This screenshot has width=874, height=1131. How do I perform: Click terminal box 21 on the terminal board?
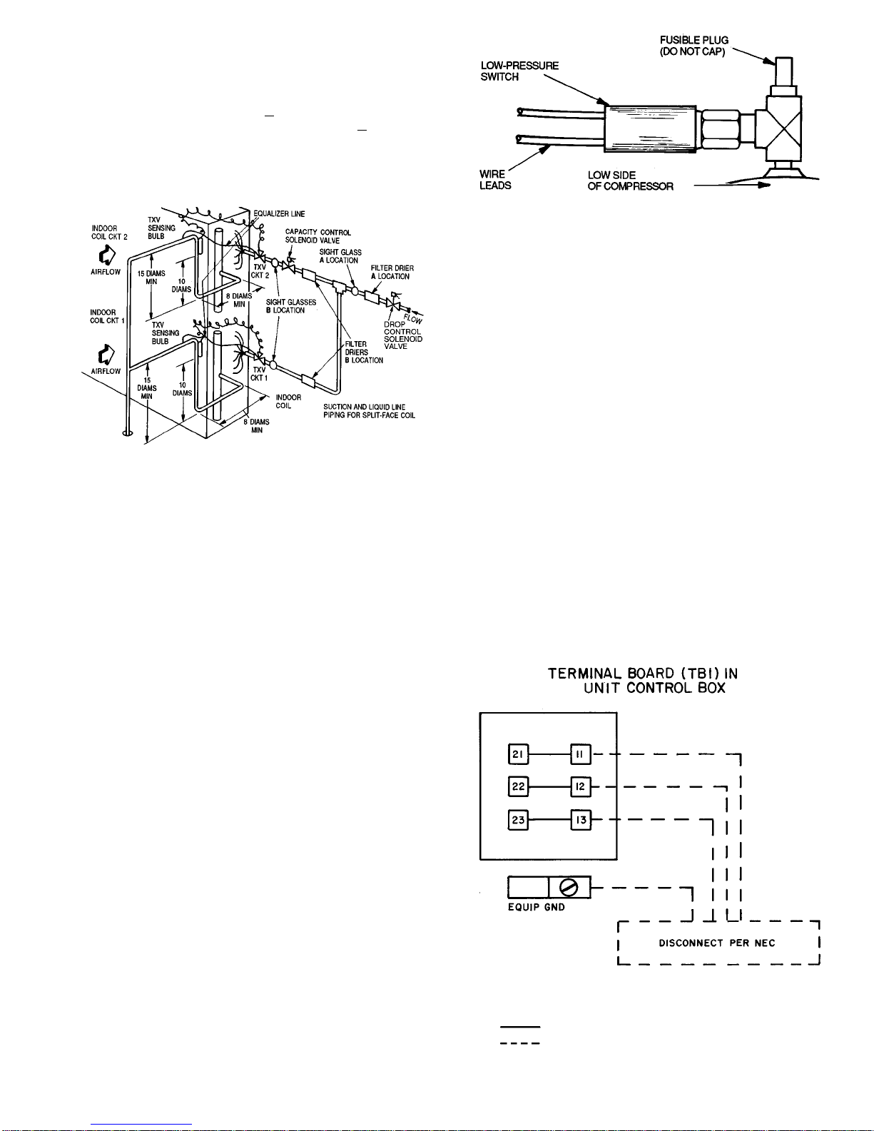coord(518,754)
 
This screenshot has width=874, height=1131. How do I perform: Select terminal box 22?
coord(518,786)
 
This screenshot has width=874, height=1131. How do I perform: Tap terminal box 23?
coord(518,820)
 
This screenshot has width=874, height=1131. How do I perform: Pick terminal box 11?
coord(581,754)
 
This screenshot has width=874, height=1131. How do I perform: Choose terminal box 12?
coord(581,786)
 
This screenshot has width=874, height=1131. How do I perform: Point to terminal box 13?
coord(581,820)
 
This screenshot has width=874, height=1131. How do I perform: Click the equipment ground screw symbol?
coord(569,888)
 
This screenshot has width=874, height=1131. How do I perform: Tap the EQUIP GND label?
coord(537,907)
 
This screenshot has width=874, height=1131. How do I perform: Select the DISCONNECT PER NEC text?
coord(717,943)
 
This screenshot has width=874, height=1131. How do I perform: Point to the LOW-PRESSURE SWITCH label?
coord(519,71)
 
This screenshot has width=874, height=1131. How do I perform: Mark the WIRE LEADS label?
coord(494,180)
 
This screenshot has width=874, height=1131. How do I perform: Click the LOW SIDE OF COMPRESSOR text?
coord(631,181)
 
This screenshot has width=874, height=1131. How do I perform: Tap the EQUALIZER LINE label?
coord(279,214)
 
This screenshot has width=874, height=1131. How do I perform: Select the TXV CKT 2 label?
coord(260,271)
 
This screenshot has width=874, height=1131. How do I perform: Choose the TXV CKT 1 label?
coord(259,374)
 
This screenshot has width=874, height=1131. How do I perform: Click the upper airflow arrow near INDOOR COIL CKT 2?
coord(107,255)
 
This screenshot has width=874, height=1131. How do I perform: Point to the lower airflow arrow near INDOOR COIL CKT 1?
coord(106,355)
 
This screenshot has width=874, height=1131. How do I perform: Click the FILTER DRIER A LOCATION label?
coord(392,272)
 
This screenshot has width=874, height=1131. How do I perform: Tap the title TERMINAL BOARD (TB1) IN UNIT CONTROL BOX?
coord(643,681)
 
